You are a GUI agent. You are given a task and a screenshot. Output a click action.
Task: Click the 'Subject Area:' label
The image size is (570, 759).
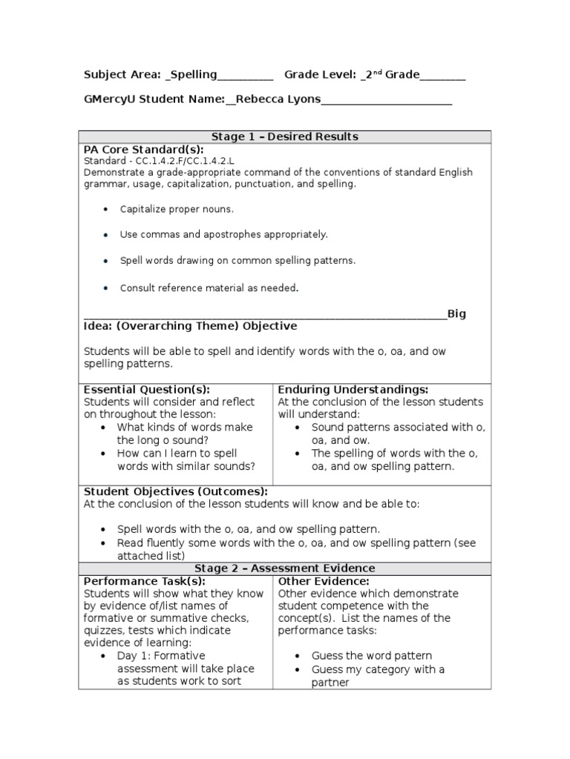tap(122, 75)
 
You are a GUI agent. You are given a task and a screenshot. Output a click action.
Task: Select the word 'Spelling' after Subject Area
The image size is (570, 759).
tap(194, 75)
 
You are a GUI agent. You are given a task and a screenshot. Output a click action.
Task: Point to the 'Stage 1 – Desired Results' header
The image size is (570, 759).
tap(284, 136)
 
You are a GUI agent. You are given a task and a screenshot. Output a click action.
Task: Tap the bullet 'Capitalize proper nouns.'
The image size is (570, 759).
tap(177, 209)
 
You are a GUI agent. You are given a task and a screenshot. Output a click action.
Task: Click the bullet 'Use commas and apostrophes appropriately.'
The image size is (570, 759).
tap(223, 234)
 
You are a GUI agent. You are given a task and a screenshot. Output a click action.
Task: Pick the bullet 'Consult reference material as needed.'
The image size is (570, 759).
tap(209, 288)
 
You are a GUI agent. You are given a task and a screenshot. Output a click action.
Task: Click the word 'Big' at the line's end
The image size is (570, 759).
tap(456, 314)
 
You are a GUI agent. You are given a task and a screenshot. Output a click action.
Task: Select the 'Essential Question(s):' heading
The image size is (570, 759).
tap(146, 390)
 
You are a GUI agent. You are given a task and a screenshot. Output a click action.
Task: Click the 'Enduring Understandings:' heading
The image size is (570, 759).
tap(353, 390)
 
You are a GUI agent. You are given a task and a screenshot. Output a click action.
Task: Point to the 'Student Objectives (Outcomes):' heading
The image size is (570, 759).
tap(175, 491)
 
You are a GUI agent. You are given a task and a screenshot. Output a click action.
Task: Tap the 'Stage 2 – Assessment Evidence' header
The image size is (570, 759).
tap(284, 569)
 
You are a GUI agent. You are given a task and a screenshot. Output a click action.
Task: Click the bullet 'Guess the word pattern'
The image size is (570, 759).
tap(371, 656)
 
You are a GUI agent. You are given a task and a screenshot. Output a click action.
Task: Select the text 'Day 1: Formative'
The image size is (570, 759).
tap(159, 656)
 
